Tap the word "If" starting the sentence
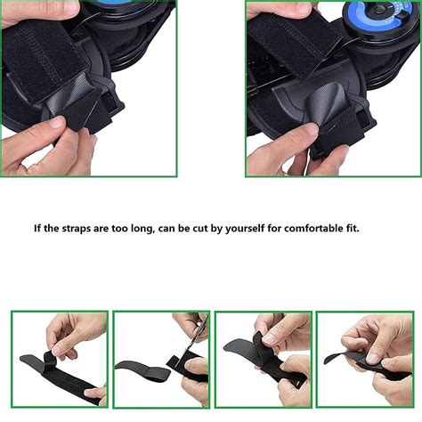tap(39, 229)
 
